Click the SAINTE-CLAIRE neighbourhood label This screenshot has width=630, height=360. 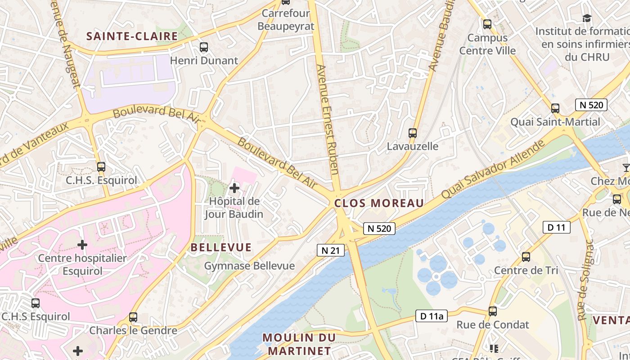coord(132,36)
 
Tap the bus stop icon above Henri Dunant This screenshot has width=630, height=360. coord(204,47)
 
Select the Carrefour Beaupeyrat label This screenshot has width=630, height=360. coord(285,20)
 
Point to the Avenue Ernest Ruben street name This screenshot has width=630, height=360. coord(327,119)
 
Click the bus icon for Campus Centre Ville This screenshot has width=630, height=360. coord(487,24)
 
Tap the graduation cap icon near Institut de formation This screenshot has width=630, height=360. coord(587,18)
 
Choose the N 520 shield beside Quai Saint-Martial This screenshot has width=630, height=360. coord(591,105)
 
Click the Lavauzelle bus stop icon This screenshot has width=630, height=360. coord(413,133)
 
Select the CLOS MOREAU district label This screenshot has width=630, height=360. coord(379,203)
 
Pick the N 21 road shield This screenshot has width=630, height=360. coord(331,251)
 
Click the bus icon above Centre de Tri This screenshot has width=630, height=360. coord(526,257)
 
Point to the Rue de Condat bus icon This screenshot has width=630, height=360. coord(493,311)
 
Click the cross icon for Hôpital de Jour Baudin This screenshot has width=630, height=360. coord(234,188)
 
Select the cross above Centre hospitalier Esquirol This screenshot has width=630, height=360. coord(82,245)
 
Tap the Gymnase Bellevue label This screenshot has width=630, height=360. coord(249,266)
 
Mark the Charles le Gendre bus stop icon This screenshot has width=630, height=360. coord(133,317)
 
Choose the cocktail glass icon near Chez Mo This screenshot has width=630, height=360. coord(625,168)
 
